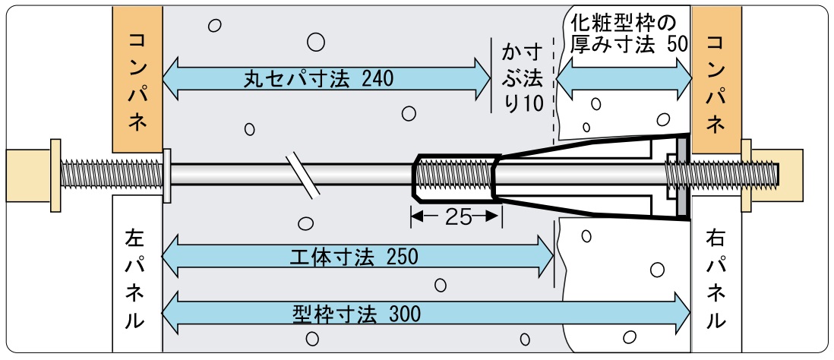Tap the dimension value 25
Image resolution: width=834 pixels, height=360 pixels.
tap(455, 216)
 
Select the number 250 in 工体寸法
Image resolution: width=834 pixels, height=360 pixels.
tap(402, 257)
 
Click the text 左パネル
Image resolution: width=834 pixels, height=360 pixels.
tap(134, 280)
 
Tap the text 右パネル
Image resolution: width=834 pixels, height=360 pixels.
tap(715, 280)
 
